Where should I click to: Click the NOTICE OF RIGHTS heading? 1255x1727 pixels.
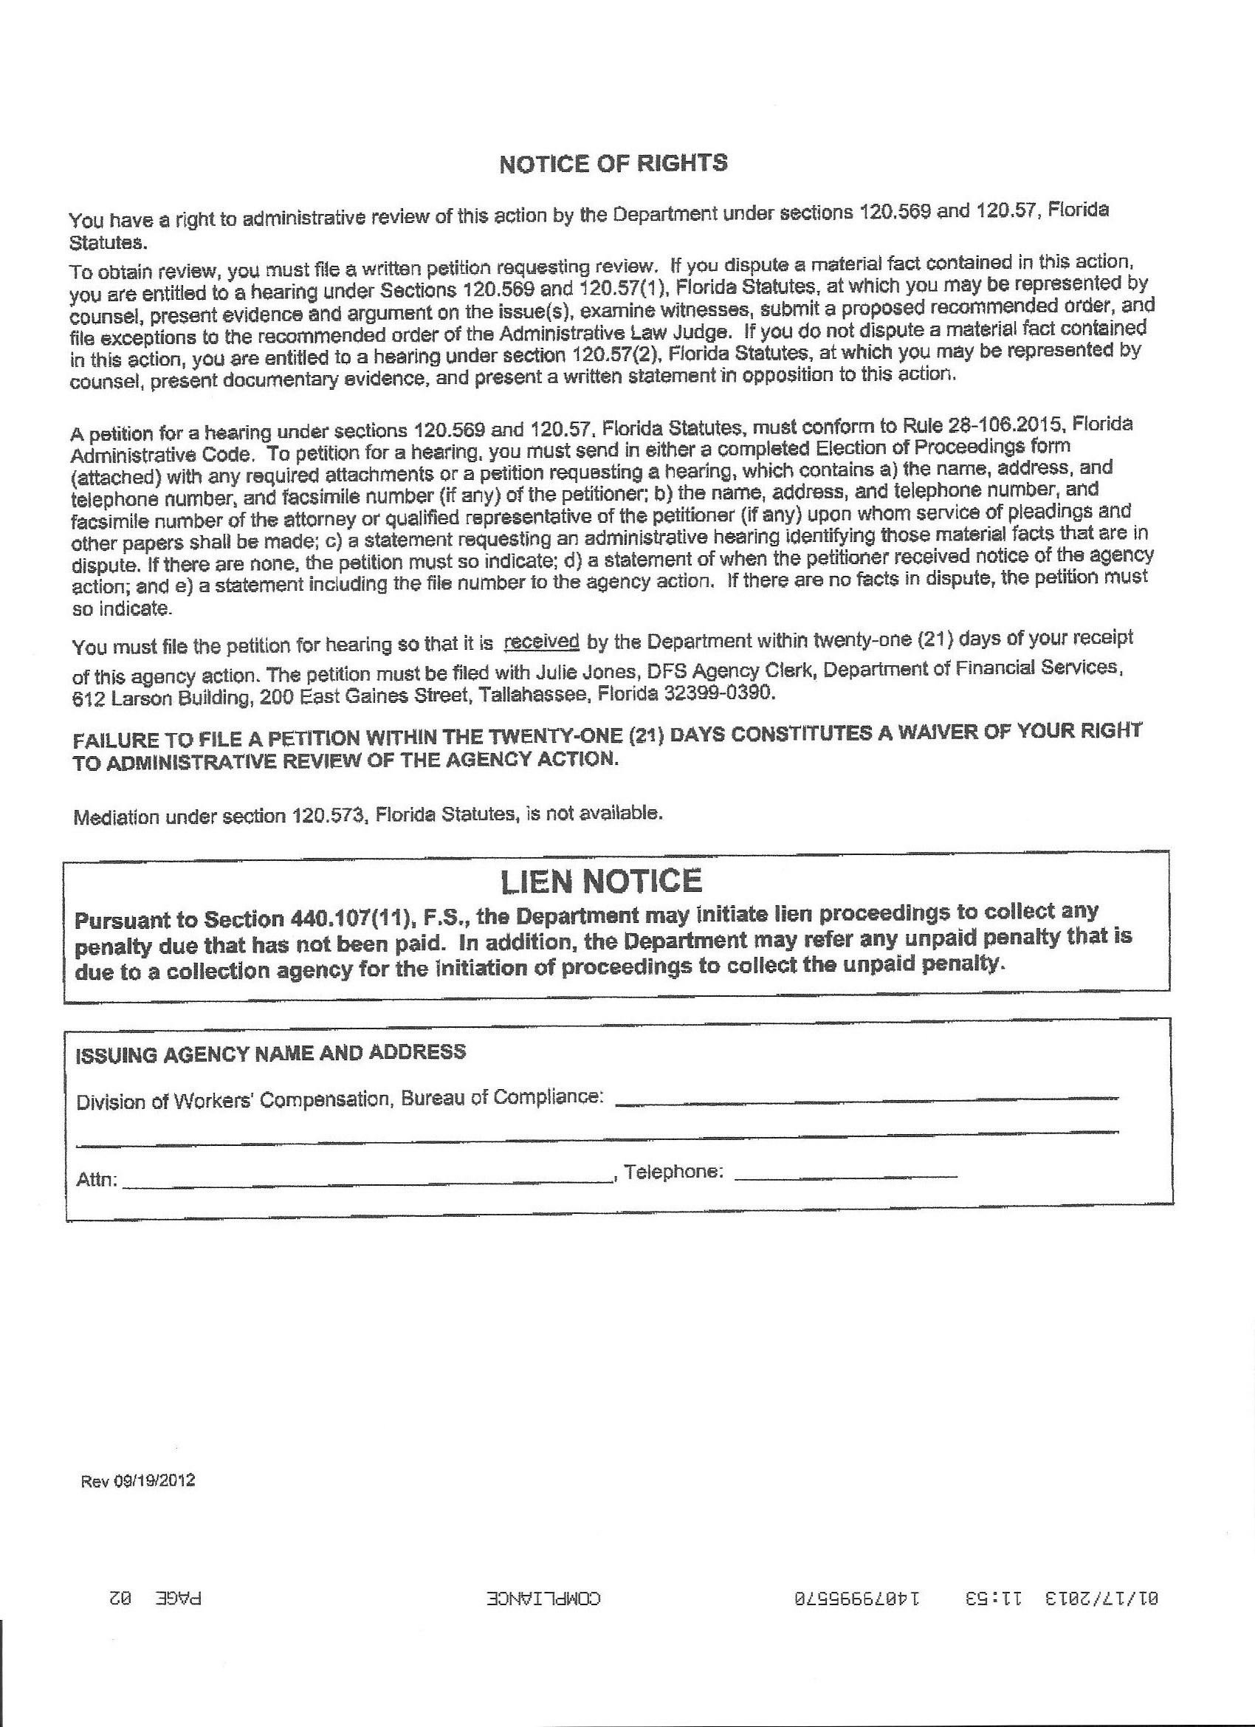tap(613, 164)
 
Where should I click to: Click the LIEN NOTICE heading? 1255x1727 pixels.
tap(601, 881)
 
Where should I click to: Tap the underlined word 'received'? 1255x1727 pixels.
tap(541, 641)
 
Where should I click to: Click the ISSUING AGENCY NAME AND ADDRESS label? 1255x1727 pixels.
tap(271, 1053)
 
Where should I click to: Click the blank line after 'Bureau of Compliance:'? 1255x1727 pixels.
tap(867, 1097)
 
